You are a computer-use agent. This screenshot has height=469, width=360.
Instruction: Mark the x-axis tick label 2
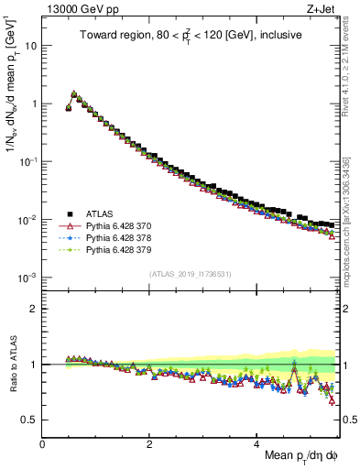[x=150, y=444]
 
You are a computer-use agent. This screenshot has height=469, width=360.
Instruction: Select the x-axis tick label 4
[x=257, y=444]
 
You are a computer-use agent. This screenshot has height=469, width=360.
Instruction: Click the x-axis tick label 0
[x=43, y=444]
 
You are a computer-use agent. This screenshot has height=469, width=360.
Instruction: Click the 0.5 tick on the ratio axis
[x=31, y=420]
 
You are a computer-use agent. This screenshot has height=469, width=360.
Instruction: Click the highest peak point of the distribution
[x=74, y=93]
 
